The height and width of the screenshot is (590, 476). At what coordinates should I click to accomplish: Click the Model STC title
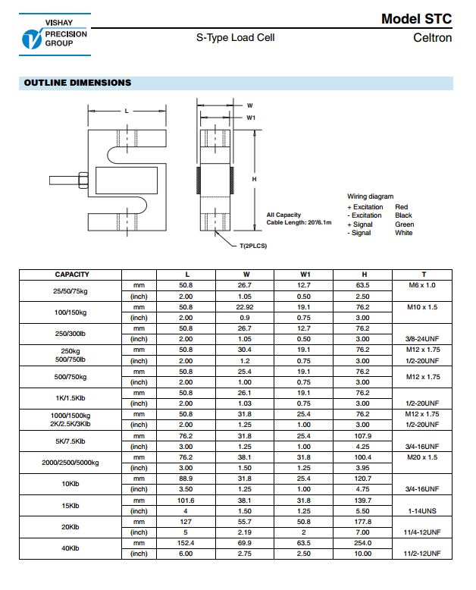click(416, 19)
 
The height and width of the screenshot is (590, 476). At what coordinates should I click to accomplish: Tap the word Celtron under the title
click(432, 38)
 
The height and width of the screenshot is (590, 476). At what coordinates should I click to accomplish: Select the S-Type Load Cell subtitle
click(235, 37)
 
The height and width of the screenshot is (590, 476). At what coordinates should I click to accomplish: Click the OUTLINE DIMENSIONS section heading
click(77, 83)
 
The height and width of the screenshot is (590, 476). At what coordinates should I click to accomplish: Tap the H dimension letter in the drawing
click(254, 179)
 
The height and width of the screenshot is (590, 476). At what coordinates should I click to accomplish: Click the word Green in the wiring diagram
click(404, 224)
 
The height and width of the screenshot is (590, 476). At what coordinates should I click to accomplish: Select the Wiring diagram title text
click(371, 196)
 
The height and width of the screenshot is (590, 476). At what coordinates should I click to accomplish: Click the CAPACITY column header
click(72, 275)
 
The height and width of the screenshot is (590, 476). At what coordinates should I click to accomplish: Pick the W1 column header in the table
click(305, 275)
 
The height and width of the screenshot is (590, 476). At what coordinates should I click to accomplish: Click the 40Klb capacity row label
click(72, 548)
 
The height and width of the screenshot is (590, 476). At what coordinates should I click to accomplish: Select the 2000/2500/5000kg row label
click(72, 463)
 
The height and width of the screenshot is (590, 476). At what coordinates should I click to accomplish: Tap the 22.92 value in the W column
click(246, 307)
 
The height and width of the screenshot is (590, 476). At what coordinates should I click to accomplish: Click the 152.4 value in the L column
click(186, 544)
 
